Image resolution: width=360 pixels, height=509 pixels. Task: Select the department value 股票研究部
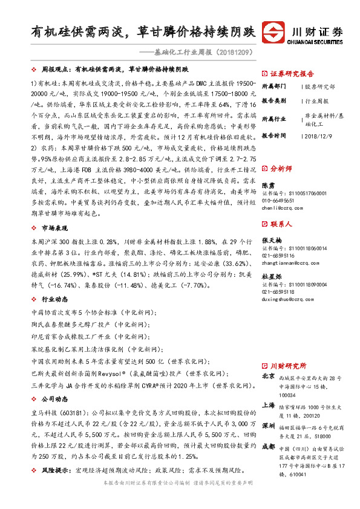tap(318, 87)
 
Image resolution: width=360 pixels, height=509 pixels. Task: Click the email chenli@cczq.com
tap(278, 208)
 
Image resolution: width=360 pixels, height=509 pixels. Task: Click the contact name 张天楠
tap(270, 241)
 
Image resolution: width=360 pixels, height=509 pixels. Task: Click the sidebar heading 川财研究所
tap(287, 366)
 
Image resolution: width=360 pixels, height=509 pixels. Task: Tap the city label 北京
tap(267, 375)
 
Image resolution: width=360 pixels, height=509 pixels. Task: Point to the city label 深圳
tap(267, 426)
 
